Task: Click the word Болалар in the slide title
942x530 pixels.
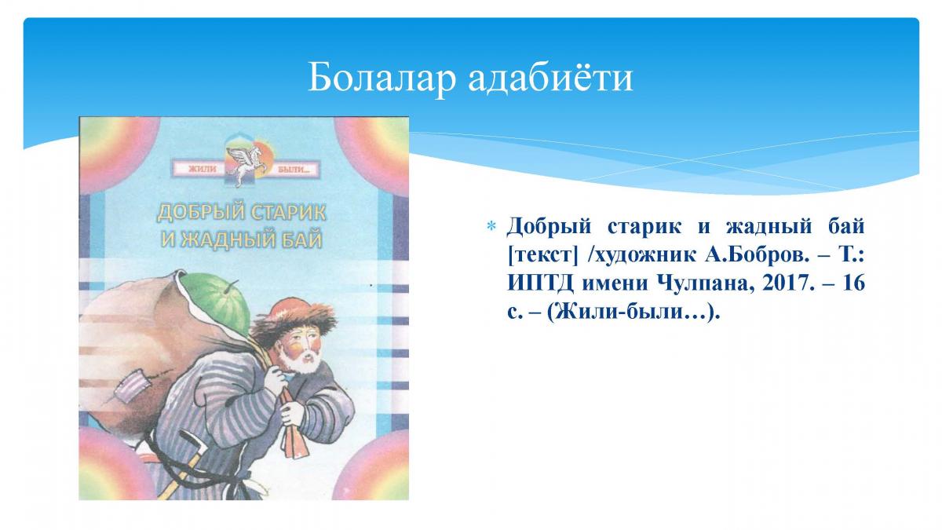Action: coord(382,78)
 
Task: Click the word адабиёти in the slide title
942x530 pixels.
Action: coord(550,78)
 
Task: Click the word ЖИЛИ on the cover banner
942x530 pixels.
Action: coord(203,169)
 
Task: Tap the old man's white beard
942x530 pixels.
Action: coord(301,362)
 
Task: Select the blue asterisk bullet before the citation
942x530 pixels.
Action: coord(491,227)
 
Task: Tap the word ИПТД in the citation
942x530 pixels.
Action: coord(540,284)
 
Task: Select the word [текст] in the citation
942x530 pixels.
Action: coord(543,256)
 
